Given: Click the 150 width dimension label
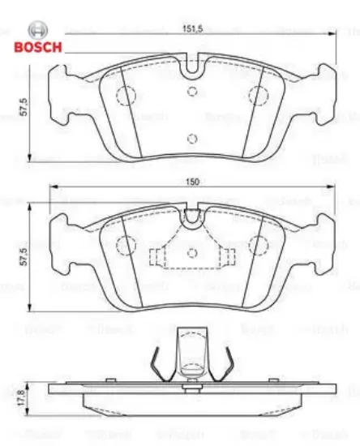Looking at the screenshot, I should pos(192,183).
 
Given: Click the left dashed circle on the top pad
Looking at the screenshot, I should pos(126,96).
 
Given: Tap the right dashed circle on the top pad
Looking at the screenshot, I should pos(258,96).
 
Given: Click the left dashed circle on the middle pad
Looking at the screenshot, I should pos(126,245).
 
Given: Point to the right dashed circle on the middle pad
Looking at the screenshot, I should pos(258,245).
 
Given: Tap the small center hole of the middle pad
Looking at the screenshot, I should pos(191,253).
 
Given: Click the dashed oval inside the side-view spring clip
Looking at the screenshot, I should pos(191,371).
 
